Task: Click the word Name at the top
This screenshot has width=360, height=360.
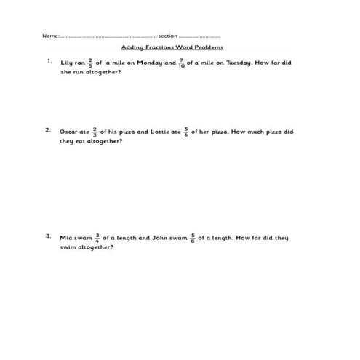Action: pyautogui.click(x=49, y=36)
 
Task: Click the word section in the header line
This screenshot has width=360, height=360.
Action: pyautogui.click(x=168, y=36)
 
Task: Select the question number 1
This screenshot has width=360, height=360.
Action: pyautogui.click(x=49, y=62)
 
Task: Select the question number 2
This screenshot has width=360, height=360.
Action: pyautogui.click(x=48, y=131)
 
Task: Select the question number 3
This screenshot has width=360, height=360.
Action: pyautogui.click(x=48, y=236)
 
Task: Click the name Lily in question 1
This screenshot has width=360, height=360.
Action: pyautogui.click(x=68, y=63)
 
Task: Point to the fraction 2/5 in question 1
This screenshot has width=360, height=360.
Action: pyautogui.click(x=90, y=63)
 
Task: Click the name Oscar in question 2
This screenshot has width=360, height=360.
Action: pyautogui.click(x=69, y=132)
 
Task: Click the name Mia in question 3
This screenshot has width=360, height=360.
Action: pyautogui.click(x=67, y=238)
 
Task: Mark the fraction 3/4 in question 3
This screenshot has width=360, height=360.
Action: pyautogui.click(x=97, y=238)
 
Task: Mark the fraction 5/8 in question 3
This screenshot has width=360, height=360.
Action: pyautogui.click(x=193, y=238)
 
